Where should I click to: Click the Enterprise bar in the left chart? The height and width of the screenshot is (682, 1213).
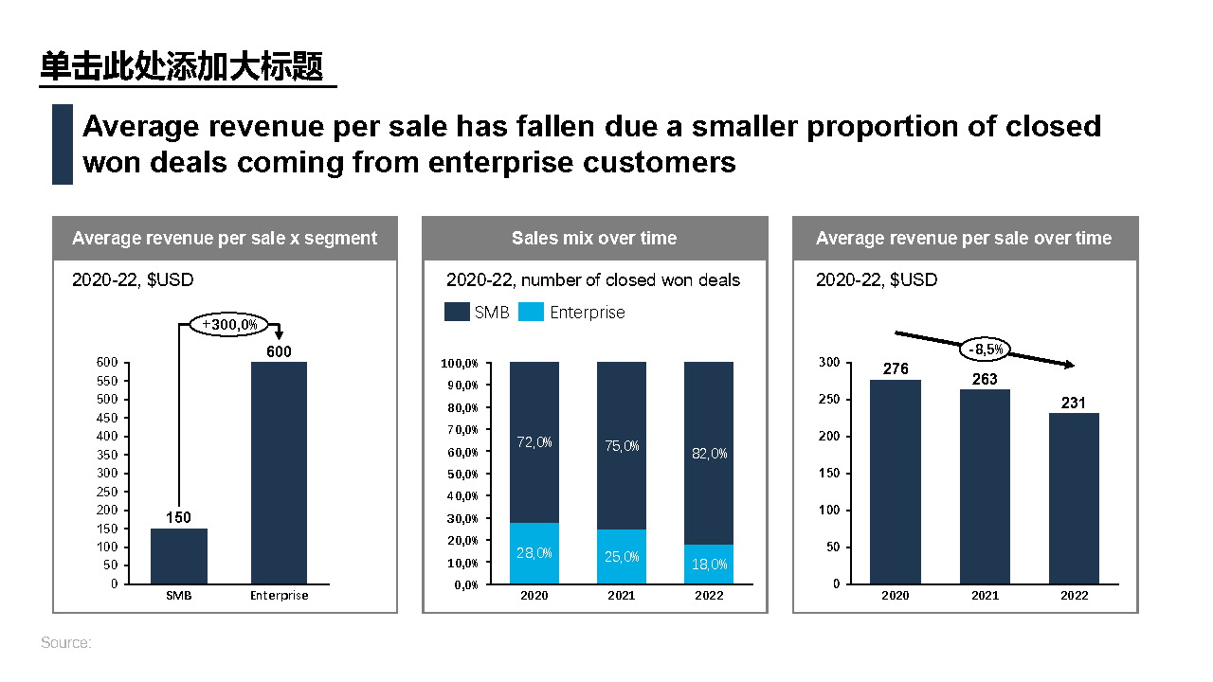point(279,473)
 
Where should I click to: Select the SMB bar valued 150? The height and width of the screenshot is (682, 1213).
point(179,556)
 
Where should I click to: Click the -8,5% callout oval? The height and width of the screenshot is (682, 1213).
point(987,349)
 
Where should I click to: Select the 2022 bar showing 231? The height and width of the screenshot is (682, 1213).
point(1074,498)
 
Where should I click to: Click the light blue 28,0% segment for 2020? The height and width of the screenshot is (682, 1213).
point(534,553)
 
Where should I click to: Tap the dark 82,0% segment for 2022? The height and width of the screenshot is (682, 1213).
point(709,453)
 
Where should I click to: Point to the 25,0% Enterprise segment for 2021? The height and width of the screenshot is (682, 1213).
point(622,557)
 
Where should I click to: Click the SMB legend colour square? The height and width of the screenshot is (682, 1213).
point(457,312)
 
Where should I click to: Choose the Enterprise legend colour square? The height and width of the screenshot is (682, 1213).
point(532,312)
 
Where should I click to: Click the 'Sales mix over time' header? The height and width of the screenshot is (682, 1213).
point(594,239)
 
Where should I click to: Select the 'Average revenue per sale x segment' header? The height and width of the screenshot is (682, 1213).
point(225,239)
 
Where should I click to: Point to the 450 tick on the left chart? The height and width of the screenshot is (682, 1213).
point(108,418)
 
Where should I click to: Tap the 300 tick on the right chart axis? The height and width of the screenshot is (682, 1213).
point(829,363)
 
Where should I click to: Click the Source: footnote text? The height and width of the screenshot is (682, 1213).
point(66,643)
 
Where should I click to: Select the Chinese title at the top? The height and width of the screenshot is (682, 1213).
point(182,67)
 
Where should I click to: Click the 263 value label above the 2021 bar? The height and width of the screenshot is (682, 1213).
point(985,379)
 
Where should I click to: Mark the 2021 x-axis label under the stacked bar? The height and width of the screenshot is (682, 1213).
point(622,596)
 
